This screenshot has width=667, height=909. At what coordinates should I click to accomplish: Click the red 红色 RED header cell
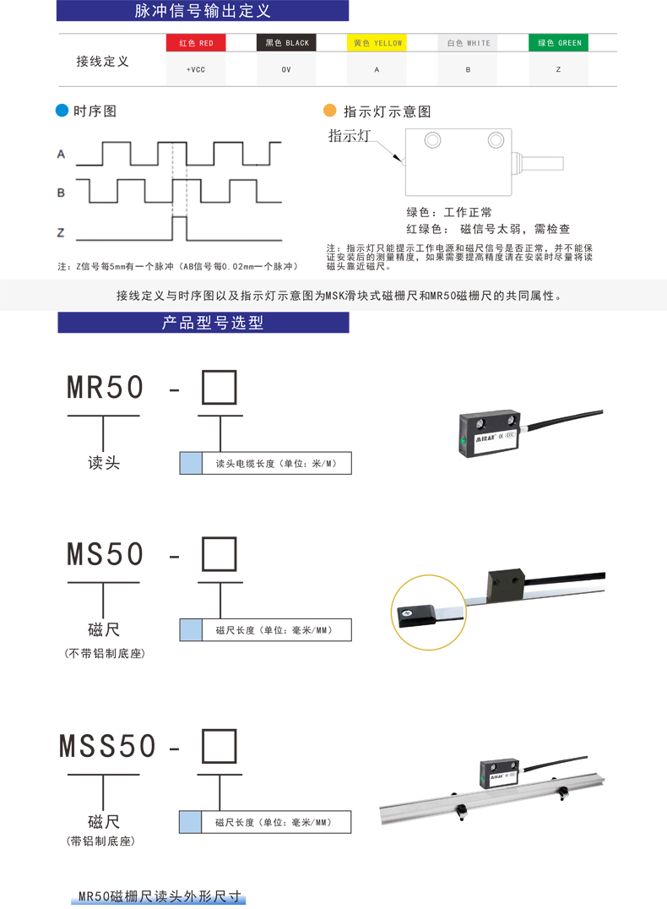tap(196, 42)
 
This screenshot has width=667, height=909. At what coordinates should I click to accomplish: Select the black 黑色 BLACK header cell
tap(286, 42)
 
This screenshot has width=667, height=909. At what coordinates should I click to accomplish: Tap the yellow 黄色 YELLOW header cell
tap(377, 42)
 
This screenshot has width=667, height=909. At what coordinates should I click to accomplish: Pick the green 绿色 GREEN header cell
tap(559, 42)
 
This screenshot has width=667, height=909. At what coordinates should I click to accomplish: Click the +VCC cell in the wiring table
tap(196, 69)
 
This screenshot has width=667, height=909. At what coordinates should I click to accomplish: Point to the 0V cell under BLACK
tap(286, 69)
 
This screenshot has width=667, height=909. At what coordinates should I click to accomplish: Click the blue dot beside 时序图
tap(62, 111)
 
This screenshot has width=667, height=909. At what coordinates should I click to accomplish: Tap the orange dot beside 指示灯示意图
tap(330, 111)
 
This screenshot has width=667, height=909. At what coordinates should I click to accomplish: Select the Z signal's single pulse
tap(178, 227)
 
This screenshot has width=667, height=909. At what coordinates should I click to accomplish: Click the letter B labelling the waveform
tap(61, 193)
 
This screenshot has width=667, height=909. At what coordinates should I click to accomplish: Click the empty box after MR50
tap(219, 388)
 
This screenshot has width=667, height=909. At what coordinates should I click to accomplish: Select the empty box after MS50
tap(219, 554)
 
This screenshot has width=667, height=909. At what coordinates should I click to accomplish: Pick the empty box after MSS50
tap(219, 746)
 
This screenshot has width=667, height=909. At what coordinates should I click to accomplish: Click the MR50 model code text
tap(106, 388)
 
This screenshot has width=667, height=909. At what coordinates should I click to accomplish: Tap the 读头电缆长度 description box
tap(265, 463)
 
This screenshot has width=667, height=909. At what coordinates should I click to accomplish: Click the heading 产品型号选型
tap(203, 323)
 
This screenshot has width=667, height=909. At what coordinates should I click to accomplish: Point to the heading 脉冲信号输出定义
tap(203, 11)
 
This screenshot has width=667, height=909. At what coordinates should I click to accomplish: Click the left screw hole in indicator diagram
tap(432, 139)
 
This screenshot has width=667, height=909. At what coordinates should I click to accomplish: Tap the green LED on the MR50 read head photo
tap(464, 441)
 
